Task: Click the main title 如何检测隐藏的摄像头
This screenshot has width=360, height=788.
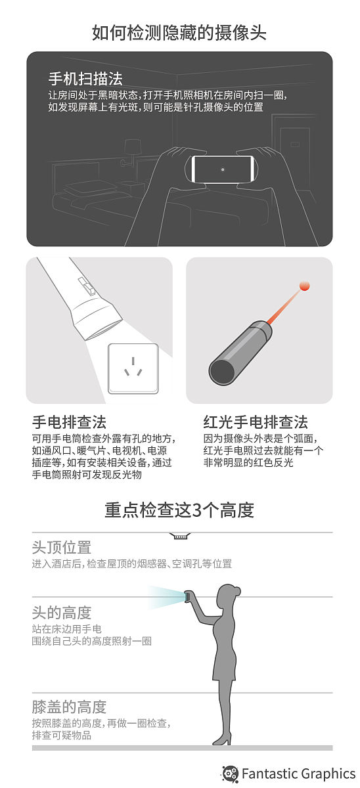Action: tap(179, 33)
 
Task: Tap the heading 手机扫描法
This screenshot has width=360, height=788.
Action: tap(85, 79)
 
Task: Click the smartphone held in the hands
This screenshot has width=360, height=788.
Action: tap(223, 169)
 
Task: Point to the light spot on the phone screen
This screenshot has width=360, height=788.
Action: tap(223, 169)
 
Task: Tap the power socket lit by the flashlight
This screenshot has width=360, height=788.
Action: tap(133, 368)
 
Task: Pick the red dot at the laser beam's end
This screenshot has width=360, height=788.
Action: tap(304, 286)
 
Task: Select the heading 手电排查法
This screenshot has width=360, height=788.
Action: tap(69, 422)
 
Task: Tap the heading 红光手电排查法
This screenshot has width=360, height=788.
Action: tap(256, 422)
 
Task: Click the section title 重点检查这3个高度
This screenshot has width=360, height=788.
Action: tap(179, 510)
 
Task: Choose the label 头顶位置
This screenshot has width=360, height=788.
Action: tap(62, 547)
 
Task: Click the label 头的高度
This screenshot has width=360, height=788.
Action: tap(62, 613)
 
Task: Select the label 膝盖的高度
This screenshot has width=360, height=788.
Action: tap(69, 707)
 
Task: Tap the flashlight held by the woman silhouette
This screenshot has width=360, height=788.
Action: tap(188, 597)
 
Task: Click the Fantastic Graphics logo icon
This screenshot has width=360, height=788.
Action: tap(230, 774)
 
